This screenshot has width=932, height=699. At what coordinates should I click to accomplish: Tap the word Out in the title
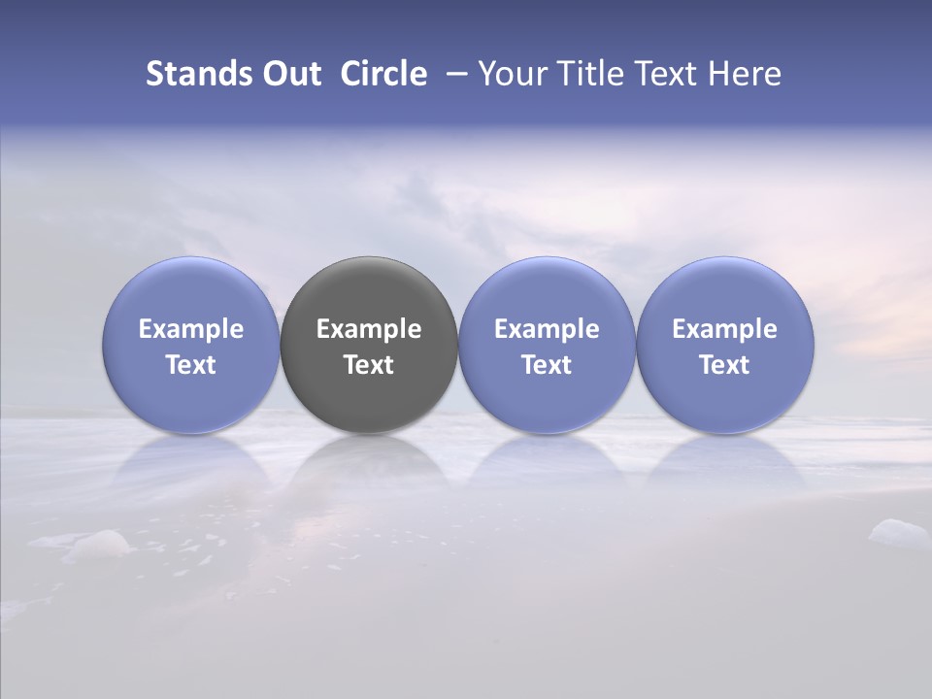tap(291, 74)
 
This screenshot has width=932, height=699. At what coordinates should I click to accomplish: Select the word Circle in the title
tap(383, 74)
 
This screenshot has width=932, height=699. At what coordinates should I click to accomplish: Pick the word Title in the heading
tap(593, 74)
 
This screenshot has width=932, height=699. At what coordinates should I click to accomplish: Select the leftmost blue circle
tap(191, 345)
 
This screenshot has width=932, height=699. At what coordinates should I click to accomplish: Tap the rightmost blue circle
tap(725, 345)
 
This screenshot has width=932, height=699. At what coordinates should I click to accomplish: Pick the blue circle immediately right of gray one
tap(547, 345)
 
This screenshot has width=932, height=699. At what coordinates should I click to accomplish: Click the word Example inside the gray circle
tap(369, 329)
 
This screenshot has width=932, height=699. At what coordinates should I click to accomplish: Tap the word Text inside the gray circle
tap(369, 365)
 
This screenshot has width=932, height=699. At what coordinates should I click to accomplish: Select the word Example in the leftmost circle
tap(191, 329)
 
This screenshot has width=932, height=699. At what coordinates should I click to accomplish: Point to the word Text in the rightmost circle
tap(725, 365)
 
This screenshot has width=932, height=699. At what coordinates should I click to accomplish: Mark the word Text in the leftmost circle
tap(191, 365)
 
